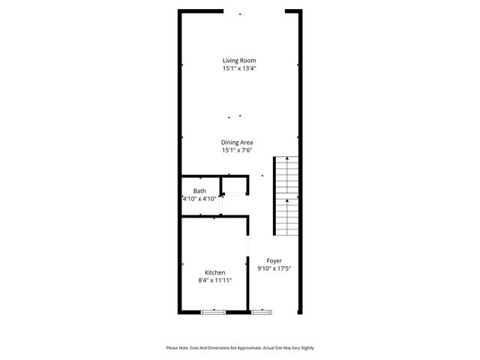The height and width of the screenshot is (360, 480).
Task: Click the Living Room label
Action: click(240, 60)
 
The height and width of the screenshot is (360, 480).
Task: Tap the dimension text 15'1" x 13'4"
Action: click(240, 68)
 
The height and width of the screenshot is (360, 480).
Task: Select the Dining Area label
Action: click(237, 142)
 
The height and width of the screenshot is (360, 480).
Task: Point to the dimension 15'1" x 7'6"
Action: click(237, 150)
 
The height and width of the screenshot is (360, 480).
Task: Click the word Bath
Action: click(199, 190)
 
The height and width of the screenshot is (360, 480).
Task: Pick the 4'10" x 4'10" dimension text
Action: click(199, 199)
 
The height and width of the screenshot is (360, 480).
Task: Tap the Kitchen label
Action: click(215, 272)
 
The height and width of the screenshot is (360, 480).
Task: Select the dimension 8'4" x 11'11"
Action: click(215, 280)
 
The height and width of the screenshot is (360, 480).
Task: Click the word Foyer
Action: click(274, 260)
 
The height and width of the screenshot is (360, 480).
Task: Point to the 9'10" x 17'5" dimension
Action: click(274, 268)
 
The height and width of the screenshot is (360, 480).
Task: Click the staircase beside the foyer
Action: click(286, 195)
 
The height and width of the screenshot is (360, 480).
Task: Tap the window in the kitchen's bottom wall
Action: click(214, 311)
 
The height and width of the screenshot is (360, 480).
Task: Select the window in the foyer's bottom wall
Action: click(262, 311)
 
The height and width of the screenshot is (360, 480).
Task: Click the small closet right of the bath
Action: click(235, 185)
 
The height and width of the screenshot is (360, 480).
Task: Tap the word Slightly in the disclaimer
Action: click(304, 348)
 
